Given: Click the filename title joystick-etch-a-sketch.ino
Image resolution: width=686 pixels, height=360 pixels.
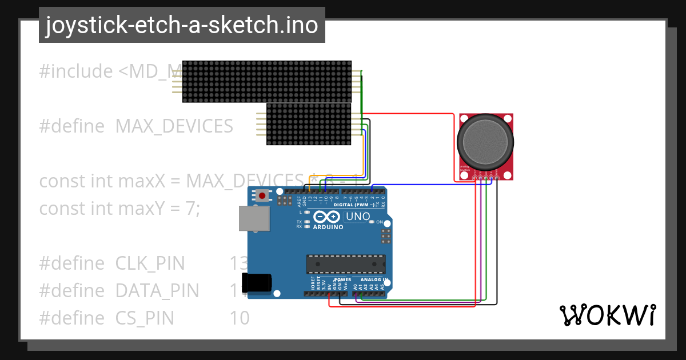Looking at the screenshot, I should (x=182, y=25).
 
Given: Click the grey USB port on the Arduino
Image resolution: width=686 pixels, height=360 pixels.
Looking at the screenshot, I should (x=254, y=219).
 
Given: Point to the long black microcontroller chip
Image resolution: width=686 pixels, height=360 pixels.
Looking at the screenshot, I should (x=346, y=264).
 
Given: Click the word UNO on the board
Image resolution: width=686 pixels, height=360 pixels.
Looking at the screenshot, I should (x=358, y=217).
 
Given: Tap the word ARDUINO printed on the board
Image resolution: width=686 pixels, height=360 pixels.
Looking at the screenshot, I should (x=328, y=227).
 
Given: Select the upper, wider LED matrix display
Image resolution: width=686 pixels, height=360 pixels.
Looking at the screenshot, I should (x=266, y=81).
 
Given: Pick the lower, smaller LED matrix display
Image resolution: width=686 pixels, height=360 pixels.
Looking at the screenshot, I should (x=309, y=123).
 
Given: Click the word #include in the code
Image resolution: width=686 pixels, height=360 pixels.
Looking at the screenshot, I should (x=76, y=71).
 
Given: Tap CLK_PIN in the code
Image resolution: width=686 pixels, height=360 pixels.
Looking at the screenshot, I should (x=150, y=263).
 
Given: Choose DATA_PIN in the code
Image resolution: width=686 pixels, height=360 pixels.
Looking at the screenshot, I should (x=157, y=290).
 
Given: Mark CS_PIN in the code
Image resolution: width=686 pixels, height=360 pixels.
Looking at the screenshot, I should (x=145, y=318).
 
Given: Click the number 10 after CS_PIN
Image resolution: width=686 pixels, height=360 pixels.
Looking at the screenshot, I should (x=240, y=318).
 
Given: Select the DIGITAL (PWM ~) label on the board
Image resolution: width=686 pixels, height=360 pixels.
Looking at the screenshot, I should (x=354, y=204).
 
